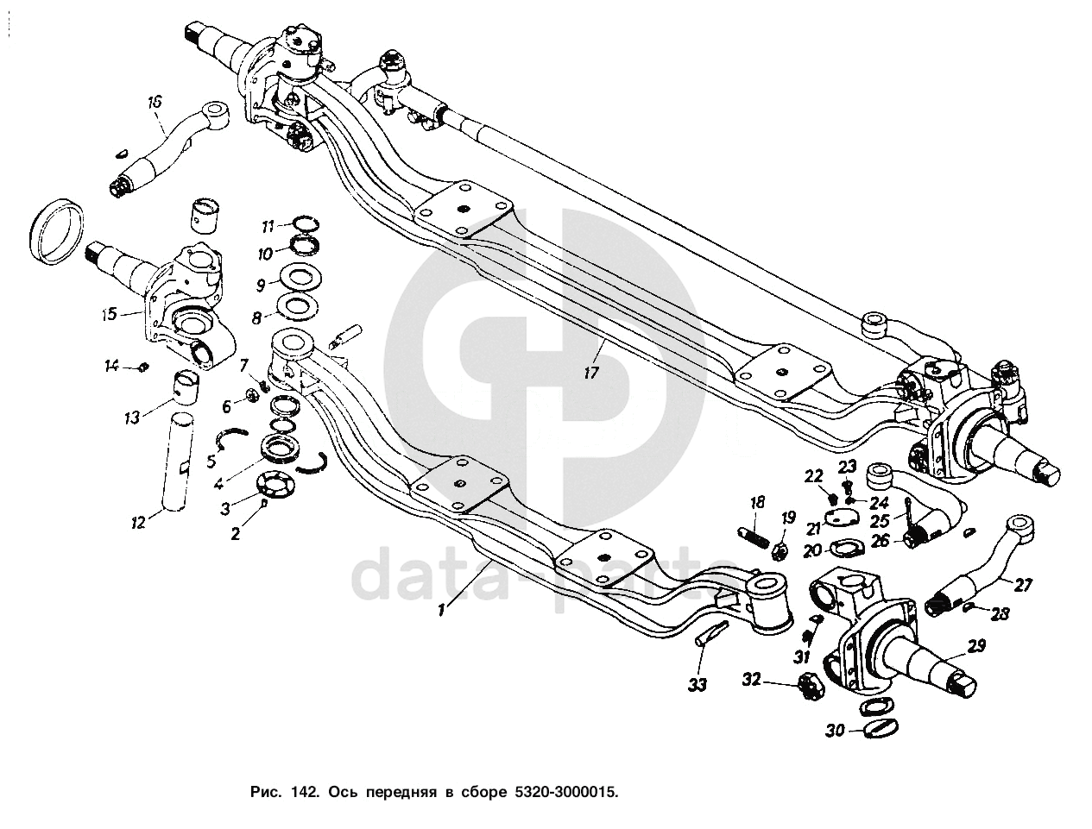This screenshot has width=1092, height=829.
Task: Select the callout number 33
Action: click(697, 685)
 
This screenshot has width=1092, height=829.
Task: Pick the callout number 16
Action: click(155, 103)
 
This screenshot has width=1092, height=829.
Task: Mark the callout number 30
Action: click(834, 732)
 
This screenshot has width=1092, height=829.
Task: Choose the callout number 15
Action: click(108, 314)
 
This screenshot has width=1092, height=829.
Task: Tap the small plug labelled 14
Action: click(142, 369)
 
